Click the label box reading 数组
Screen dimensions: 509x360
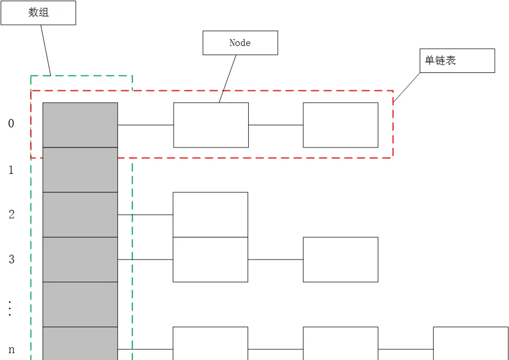point(38,13)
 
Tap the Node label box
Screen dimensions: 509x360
point(240,43)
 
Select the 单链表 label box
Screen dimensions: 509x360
point(457,61)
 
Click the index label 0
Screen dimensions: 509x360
point(11,124)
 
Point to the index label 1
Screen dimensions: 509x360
point(11,170)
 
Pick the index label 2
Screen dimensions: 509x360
point(11,215)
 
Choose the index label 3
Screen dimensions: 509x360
point(11,259)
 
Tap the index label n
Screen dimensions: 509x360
point(11,349)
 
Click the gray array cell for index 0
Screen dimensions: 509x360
point(80,125)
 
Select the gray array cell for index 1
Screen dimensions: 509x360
point(80,170)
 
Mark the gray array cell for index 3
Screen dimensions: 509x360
point(80,260)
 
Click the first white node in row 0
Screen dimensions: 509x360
point(211,125)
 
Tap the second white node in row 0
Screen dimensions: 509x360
point(341,125)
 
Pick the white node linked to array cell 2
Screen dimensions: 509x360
point(211,215)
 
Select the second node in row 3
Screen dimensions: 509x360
point(341,260)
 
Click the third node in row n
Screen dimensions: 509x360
point(471,344)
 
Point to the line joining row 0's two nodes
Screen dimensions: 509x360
point(276,125)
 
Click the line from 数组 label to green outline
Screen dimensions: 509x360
point(46,50)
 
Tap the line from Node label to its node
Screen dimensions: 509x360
point(228,79)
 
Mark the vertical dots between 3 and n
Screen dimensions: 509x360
point(10,308)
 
